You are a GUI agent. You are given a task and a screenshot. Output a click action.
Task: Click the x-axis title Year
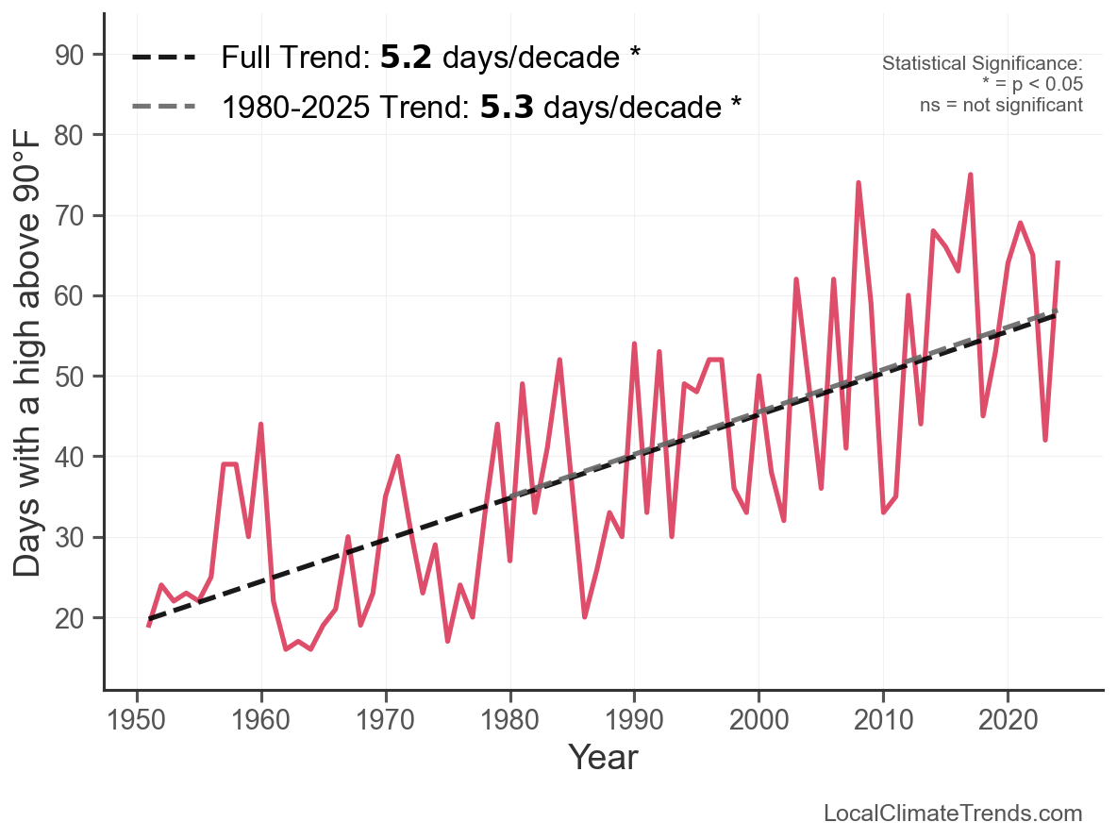coord(603,757)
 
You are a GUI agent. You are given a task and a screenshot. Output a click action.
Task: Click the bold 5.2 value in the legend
coord(407,58)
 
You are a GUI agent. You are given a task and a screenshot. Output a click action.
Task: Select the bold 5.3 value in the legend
coord(507,107)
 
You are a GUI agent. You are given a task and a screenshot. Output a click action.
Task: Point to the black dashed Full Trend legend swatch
coord(164,58)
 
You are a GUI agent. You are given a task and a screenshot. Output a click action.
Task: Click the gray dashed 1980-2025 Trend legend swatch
coord(164,107)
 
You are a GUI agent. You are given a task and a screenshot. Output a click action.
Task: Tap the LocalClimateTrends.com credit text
coord(953,814)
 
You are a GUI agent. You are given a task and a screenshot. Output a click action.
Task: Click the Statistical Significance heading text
coord(982,64)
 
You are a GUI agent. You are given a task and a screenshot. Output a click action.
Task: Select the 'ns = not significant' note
coord(1001,105)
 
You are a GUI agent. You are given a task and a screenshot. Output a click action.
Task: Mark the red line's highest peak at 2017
coord(970,175)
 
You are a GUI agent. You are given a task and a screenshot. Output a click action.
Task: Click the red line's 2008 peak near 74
coord(859,183)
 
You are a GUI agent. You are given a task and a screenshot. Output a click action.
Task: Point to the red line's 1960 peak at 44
coord(260,425)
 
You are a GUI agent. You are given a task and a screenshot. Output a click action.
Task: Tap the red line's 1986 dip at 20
coord(585,617)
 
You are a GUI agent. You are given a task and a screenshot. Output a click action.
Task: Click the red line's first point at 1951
coord(149,626)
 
